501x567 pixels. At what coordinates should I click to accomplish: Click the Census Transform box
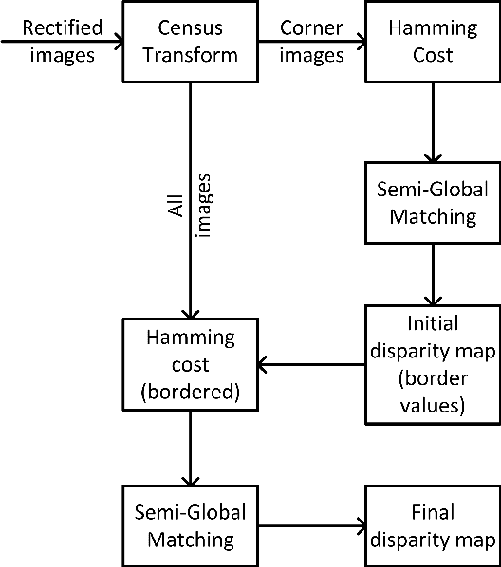click(x=191, y=41)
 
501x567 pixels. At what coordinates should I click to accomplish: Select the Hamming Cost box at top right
click(x=433, y=41)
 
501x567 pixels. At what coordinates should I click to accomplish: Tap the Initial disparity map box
click(x=433, y=363)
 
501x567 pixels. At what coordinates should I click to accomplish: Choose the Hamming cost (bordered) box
click(x=191, y=363)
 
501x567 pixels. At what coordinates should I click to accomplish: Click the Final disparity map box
click(x=433, y=526)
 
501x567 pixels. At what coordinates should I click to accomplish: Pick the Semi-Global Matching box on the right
click(x=433, y=203)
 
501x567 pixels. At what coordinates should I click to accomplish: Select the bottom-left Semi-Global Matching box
click(x=191, y=526)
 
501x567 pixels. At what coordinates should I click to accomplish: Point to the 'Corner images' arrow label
click(x=312, y=41)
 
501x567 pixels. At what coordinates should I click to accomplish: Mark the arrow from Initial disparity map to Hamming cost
click(x=312, y=363)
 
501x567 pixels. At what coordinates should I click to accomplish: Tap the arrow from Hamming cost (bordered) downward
click(x=191, y=445)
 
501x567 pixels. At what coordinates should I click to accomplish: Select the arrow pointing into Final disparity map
click(x=312, y=526)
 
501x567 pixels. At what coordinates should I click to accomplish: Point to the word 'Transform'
click(x=191, y=55)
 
